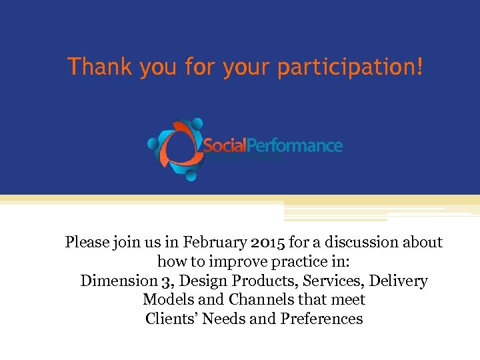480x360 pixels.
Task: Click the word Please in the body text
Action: tap(87, 242)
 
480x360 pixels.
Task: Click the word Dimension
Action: tap(114, 281)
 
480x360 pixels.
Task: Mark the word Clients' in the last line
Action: tap(171, 319)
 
